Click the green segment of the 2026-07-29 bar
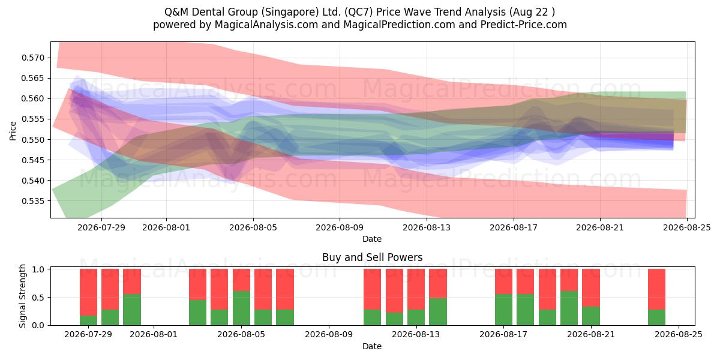coord(88,320)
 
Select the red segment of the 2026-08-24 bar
coord(656,289)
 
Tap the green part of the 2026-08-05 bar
coord(241,308)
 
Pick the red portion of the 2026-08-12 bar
coord(394,290)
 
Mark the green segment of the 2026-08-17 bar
coord(503,310)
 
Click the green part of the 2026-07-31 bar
coord(132,310)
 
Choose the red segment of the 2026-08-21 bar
coord(591,287)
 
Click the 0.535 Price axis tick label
coord(32,201)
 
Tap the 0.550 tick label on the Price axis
coord(32,139)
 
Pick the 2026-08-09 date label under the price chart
coord(340,227)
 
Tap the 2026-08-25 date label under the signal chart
coord(679,334)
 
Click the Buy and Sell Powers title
coord(372,257)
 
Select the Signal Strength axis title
coord(22,296)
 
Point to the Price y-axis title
coord(13,131)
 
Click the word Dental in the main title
coord(209,12)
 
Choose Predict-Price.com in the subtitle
coord(524,25)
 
